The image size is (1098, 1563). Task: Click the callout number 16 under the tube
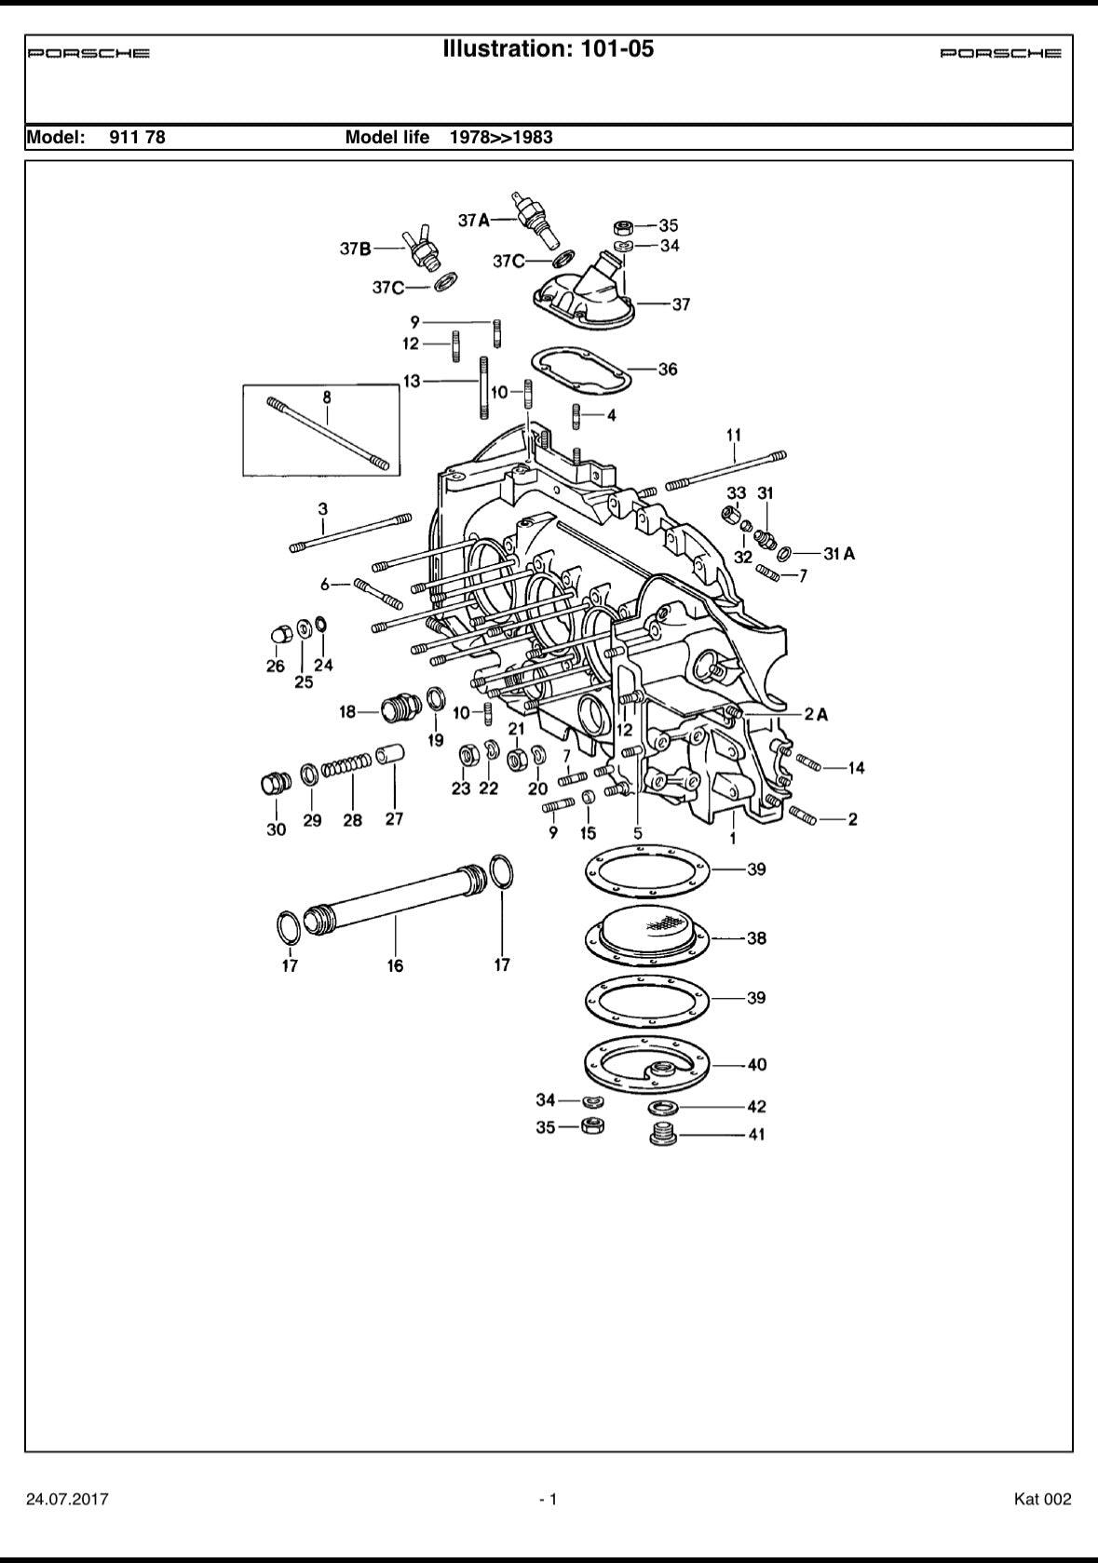[396, 965]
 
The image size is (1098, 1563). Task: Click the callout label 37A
[473, 220]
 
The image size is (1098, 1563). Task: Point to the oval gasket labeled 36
[580, 370]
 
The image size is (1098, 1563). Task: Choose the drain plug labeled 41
[662, 1136]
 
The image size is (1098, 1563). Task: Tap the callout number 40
[756, 1064]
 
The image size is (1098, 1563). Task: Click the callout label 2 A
[816, 714]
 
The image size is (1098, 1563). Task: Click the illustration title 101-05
[549, 49]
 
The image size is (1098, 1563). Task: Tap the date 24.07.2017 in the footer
[67, 1499]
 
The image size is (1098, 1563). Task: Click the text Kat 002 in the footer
[1042, 1499]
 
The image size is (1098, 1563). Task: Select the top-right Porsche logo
[1000, 53]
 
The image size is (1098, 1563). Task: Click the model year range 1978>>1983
[501, 138]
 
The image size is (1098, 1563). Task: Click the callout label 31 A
[838, 553]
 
